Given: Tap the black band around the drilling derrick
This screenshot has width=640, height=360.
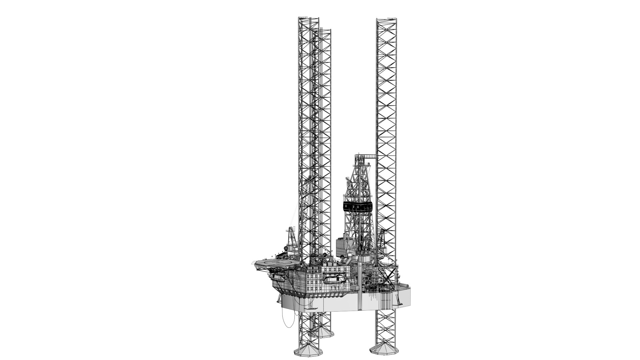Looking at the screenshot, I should pos(357,207).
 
